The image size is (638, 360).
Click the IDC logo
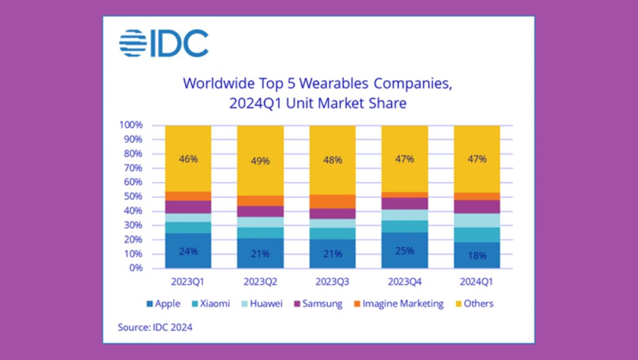(164, 43)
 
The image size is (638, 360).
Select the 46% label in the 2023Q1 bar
(188, 159)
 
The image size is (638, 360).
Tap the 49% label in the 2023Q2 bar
(260, 161)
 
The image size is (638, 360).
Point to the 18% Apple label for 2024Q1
(477, 255)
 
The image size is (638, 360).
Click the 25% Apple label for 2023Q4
(404, 251)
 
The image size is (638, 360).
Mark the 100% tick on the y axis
(131, 125)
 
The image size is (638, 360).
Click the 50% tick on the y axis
(133, 197)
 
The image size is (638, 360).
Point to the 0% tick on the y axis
(135, 268)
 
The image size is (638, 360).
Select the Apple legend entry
(163, 304)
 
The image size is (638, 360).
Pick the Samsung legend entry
(320, 304)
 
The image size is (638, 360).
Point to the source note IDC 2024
(155, 327)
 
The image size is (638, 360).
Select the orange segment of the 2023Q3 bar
(333, 201)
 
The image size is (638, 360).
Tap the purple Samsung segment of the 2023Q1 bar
(188, 207)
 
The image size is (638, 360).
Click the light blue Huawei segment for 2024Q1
(477, 220)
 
